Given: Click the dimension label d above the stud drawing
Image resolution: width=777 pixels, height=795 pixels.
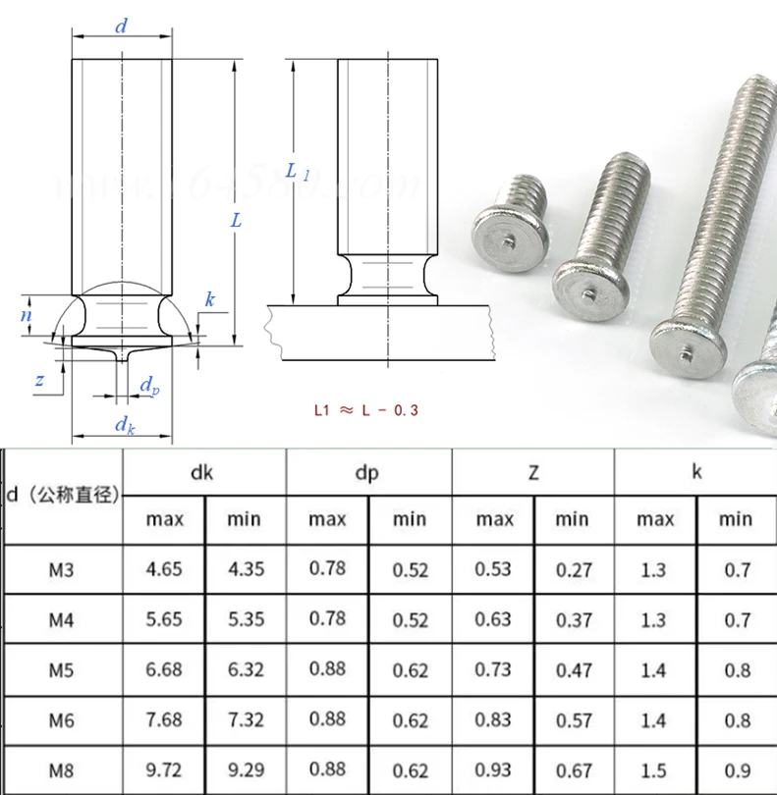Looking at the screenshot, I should click(121, 26).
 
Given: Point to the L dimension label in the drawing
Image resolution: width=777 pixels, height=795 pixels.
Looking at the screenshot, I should click(236, 221).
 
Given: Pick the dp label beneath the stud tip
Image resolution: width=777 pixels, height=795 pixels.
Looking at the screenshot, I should click(148, 386).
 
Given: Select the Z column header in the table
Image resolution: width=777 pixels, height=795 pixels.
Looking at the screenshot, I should click(533, 472).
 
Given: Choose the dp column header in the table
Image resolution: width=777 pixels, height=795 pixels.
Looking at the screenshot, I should click(368, 472).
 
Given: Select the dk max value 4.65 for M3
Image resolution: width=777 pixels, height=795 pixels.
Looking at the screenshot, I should click(164, 569).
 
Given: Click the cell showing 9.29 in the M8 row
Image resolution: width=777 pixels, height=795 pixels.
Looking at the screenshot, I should click(246, 770).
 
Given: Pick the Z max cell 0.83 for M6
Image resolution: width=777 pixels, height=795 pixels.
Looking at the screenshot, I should click(493, 719).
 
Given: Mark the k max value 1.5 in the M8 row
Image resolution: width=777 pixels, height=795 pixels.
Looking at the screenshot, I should click(654, 770).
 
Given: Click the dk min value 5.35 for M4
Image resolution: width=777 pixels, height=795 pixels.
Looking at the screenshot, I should click(246, 619).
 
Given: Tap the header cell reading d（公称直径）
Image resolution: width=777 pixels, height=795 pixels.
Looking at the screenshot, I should click(63, 495).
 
